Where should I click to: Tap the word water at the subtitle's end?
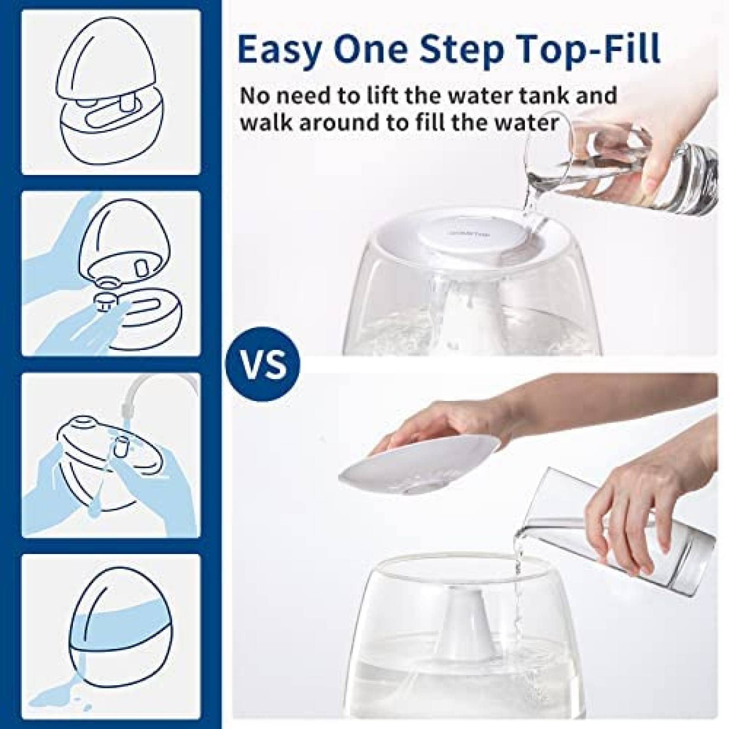click(x=526, y=123)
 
